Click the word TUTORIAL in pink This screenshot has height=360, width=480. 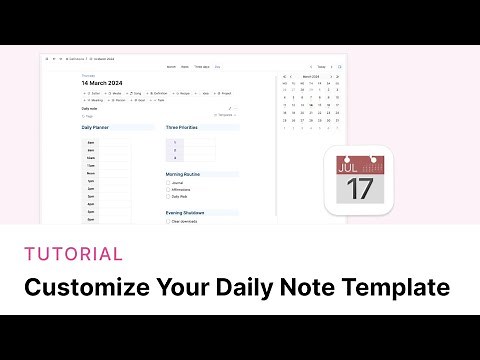click(73, 255)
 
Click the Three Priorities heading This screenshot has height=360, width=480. click(184, 129)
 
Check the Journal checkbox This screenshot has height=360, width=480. click(168, 182)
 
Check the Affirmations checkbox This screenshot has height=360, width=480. click(168, 189)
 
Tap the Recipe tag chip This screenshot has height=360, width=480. click(184, 92)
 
